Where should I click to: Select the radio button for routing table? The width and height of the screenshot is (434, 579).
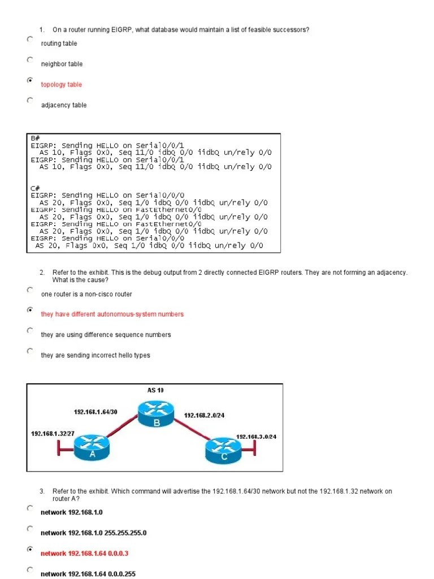point(29,39)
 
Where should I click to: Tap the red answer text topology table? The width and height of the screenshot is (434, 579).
point(61,85)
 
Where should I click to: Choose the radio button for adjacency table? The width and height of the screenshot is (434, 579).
point(29,101)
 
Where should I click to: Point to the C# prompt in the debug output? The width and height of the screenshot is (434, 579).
point(35,188)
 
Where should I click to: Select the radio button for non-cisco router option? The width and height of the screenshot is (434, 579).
point(29,289)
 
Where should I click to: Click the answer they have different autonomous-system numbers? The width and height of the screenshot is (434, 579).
point(112,314)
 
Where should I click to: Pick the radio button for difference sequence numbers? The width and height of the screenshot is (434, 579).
point(29,330)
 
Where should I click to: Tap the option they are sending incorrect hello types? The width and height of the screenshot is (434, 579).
point(96,356)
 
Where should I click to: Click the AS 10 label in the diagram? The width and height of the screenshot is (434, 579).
point(155,390)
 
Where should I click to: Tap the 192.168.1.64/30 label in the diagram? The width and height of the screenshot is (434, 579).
point(96,412)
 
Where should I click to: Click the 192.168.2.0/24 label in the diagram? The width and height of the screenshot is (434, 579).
point(204,416)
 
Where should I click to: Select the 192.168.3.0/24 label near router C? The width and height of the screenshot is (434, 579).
point(255,437)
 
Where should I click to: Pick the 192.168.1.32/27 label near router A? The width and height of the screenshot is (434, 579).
point(53,433)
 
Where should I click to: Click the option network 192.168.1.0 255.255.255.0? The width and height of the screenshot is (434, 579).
point(94,533)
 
